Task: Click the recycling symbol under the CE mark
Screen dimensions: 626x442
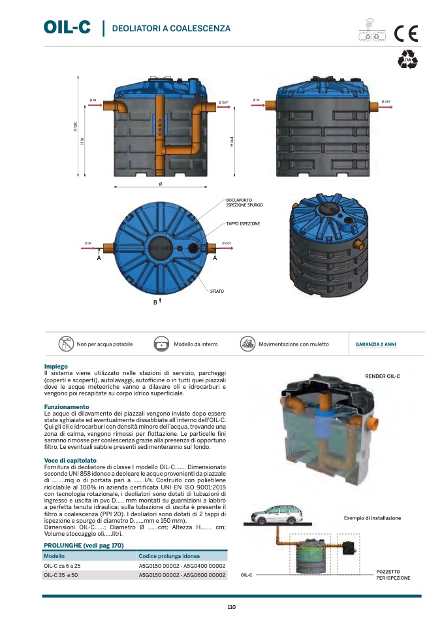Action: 408,59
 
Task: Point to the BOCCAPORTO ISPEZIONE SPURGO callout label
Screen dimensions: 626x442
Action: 245,203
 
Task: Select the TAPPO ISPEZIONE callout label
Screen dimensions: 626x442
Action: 243,223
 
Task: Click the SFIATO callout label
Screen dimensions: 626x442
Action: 217,290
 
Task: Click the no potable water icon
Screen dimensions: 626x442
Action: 66,344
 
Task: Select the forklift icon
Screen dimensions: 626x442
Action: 247,344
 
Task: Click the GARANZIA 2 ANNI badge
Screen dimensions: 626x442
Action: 375,344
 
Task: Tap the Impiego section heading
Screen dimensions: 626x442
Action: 55,367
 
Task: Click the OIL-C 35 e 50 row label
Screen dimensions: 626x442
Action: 61,575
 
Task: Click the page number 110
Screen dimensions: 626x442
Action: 231,607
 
